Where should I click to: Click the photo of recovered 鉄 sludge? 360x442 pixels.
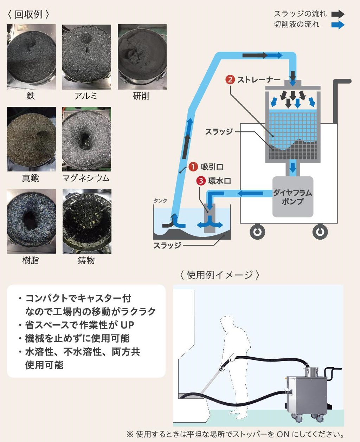coord(31,57)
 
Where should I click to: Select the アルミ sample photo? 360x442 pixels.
coord(86,57)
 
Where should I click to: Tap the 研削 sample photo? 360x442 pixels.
coord(142,57)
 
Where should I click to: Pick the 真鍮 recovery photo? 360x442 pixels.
coord(31,139)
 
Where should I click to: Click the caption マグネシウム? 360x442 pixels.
coord(86,178)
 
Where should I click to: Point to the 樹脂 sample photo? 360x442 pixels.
coord(31,221)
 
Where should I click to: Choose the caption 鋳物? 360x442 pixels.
coord(86,260)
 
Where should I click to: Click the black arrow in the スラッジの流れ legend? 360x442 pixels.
coord(338,14)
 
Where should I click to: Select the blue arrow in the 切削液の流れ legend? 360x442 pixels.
coord(338,25)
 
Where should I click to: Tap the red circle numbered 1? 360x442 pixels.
coord(193,167)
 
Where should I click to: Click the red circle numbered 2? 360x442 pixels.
coord(230,80)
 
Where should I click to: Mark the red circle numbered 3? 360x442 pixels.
coord(201,181)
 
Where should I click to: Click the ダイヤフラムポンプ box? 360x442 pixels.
coord(292,197)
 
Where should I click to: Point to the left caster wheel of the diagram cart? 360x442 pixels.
coord(257,232)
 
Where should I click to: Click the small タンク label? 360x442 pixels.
coord(160,201)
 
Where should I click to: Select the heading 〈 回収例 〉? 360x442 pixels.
coord(28,14)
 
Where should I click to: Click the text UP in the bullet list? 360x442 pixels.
coord(127,325)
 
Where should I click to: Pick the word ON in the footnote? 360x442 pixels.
coord(283,434)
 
